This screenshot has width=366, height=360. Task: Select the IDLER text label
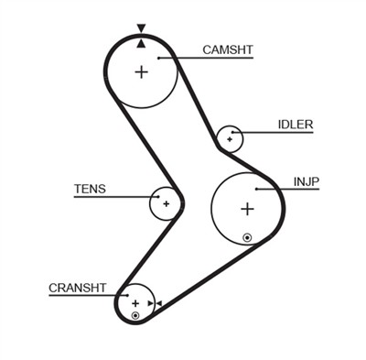(296, 125)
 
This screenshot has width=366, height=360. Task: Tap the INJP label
(307, 181)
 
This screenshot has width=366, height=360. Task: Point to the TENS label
(90, 190)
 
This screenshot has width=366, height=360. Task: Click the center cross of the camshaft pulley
(141, 72)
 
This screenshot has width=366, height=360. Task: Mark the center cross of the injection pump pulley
(246, 208)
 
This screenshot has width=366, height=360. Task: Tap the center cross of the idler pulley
(229, 138)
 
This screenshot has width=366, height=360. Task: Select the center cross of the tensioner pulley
(166, 203)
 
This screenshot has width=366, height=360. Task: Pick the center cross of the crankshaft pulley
(135, 303)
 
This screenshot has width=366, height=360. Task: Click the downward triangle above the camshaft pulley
(140, 28)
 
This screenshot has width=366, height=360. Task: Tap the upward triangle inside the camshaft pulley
(140, 43)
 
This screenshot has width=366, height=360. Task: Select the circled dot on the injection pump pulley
(247, 238)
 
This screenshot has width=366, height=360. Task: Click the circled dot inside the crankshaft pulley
(135, 316)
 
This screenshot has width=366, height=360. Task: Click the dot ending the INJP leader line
(258, 190)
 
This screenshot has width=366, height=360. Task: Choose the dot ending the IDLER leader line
(236, 133)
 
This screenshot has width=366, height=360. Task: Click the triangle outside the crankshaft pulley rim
(157, 303)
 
